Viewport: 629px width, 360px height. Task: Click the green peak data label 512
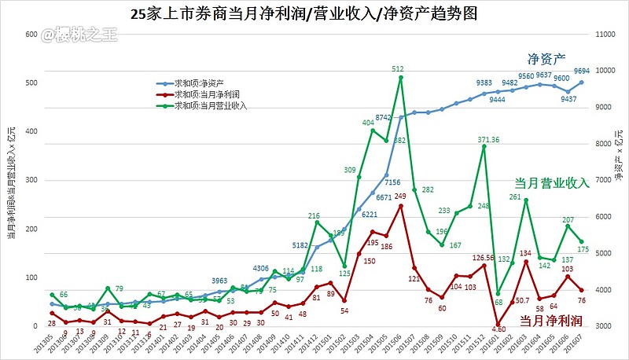pos(398,69)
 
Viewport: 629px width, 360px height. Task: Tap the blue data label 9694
pos(582,69)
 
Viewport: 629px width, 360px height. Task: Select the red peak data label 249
pos(400,197)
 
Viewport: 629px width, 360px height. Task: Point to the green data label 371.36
pos(489,139)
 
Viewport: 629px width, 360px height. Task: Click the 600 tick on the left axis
pos(31,35)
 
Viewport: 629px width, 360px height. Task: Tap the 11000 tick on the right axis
pos(603,35)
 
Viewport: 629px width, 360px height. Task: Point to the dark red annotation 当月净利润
pos(550,321)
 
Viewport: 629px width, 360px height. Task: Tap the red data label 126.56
pos(489,258)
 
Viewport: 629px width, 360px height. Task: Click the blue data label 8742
pos(384,117)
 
